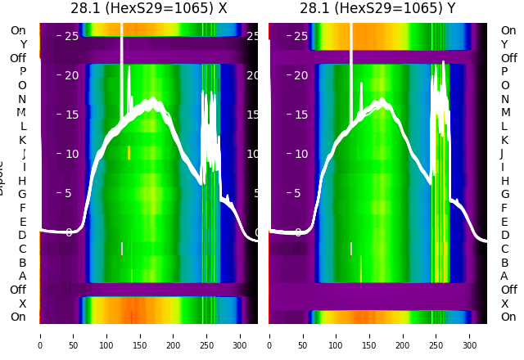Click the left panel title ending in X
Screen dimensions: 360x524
148,9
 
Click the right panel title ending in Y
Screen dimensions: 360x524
377,9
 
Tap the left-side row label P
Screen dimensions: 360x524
22,72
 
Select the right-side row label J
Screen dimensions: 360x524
502,154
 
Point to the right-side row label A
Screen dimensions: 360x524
504,277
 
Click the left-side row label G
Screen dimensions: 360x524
22,195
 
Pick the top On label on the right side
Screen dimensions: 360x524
508,31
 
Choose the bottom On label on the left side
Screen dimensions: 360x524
18,317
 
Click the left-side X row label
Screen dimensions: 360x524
22,304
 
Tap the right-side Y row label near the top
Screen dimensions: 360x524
504,45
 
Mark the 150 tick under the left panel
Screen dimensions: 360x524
140,335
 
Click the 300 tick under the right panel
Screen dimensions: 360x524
470,335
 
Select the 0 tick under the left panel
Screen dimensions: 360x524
40,335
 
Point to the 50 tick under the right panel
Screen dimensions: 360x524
303,335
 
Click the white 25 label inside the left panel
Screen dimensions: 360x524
71,36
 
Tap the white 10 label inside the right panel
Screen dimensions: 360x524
300,154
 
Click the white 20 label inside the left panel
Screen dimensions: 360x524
71,75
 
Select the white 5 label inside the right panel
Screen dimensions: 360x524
300,193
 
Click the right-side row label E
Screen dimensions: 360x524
504,222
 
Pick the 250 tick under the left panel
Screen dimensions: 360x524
207,335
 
